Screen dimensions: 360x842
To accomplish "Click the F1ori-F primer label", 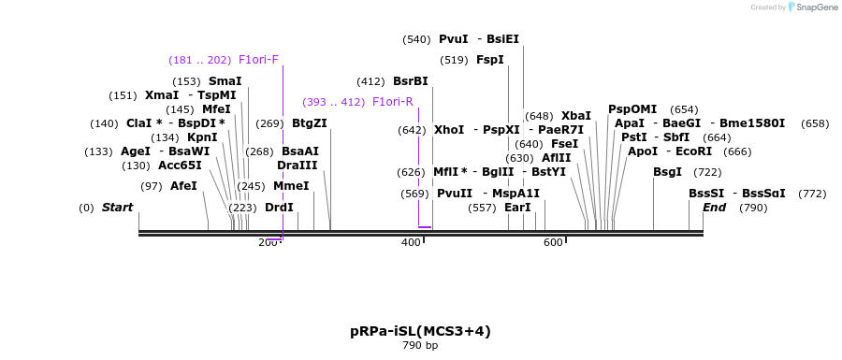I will [x=258, y=60].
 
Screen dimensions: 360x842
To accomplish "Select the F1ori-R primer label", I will [x=393, y=102].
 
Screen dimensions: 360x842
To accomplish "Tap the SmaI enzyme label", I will [x=225, y=81].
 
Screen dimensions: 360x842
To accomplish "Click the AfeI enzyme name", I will [x=183, y=186].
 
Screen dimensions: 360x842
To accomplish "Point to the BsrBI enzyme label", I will [x=410, y=81].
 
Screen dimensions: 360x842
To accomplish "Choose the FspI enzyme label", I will [x=490, y=60].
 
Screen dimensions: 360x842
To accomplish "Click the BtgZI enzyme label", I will [x=310, y=123].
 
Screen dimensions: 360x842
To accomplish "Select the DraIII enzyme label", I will [x=298, y=166].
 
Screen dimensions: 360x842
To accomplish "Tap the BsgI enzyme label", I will [x=667, y=172].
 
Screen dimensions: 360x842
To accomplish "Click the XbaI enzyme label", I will [x=576, y=116].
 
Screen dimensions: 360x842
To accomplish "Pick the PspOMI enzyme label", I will [x=632, y=109].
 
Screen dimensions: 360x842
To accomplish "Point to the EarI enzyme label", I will [x=517, y=208].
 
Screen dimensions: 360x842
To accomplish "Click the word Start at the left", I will [x=117, y=208].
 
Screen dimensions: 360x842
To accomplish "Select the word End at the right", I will [x=715, y=208].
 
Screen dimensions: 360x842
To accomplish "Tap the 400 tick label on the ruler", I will [x=411, y=243].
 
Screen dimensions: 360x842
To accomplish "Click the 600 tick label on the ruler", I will [x=553, y=243].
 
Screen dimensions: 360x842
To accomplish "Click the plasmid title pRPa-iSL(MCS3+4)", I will [x=420, y=331].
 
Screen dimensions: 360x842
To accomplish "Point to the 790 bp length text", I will [x=420, y=346].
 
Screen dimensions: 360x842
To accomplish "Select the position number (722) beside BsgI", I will [x=707, y=172].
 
